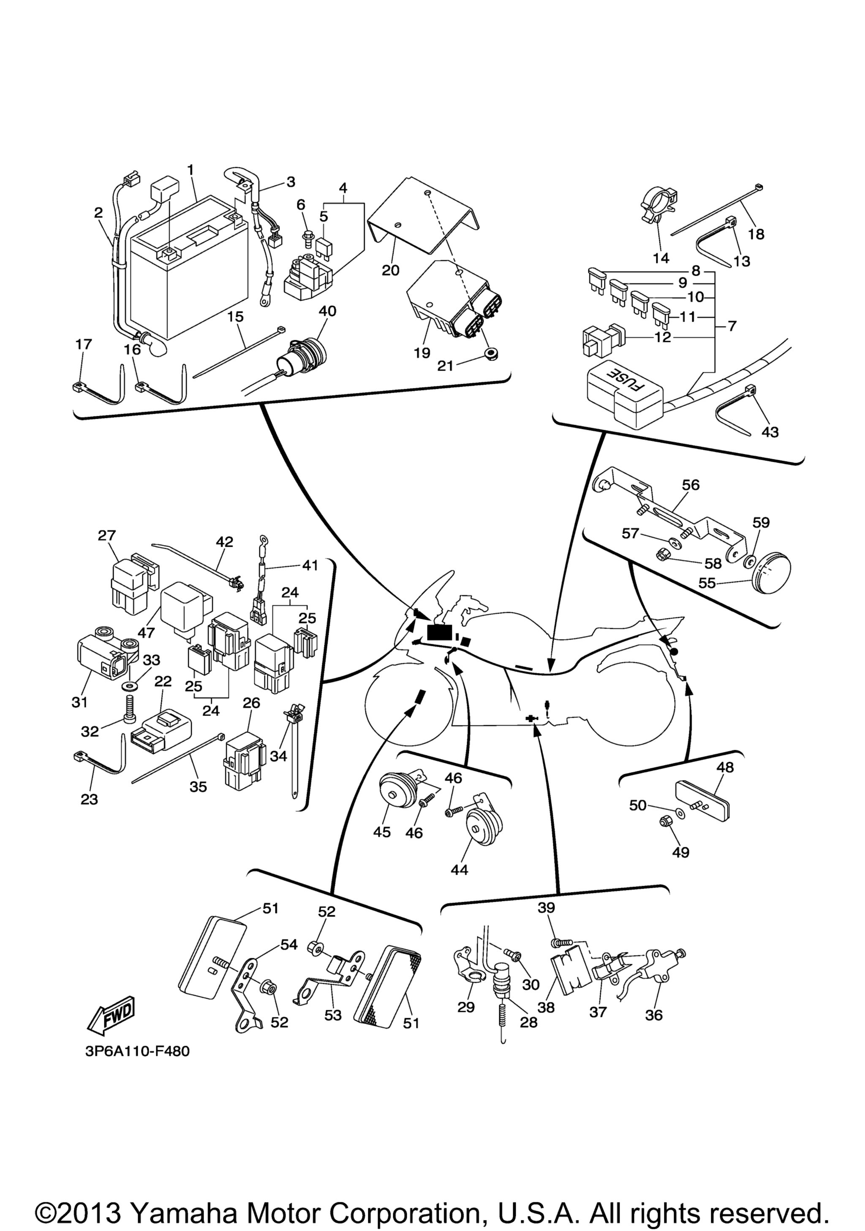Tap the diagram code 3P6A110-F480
click(x=137, y=1066)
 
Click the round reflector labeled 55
click(x=771, y=576)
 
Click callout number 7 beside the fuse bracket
click(x=732, y=326)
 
